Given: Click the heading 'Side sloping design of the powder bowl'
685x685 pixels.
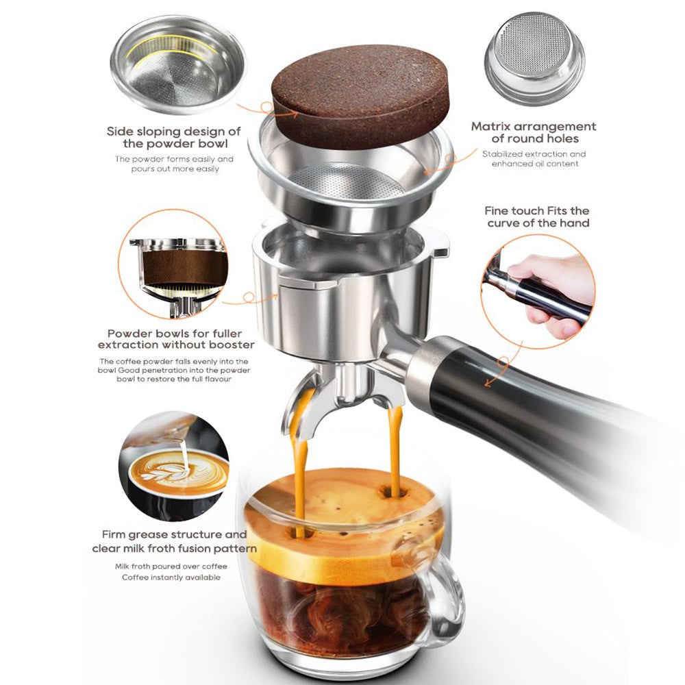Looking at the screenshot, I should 173,137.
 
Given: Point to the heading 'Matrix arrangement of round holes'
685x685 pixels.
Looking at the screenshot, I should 534,132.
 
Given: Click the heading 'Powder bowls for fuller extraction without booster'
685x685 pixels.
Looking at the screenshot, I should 175,338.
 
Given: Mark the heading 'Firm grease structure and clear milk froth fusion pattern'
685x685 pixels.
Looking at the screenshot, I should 174,541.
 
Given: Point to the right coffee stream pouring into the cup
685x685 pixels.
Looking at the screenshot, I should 395,445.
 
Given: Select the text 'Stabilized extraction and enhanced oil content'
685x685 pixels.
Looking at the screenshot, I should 534,159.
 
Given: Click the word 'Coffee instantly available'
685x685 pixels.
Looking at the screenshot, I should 171,577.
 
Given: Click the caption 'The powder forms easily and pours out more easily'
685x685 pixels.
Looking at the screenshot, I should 173,164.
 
